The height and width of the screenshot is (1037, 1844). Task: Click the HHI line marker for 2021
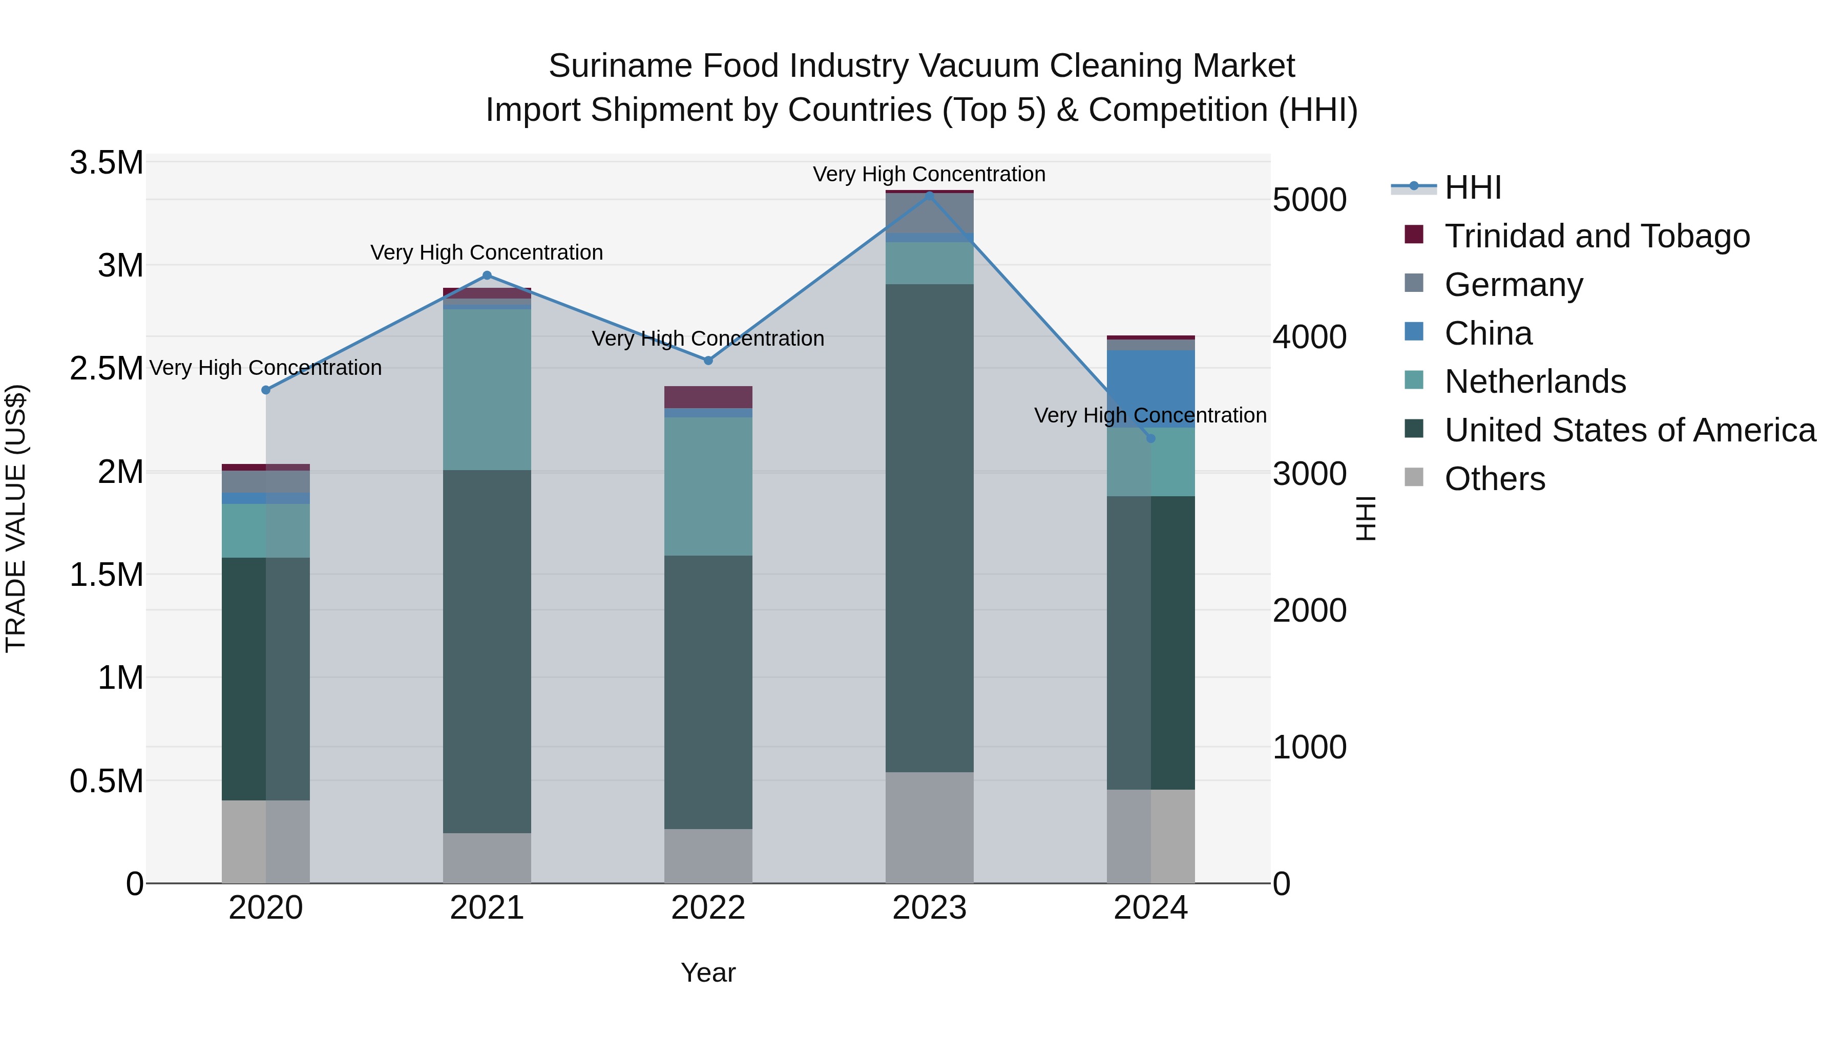[487, 276]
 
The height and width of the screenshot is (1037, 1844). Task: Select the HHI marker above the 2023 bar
[929, 196]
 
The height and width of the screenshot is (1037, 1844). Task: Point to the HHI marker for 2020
[265, 390]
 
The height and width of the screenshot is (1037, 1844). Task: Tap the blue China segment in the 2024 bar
[1150, 387]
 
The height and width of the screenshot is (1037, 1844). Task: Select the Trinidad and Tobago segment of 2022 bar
[708, 397]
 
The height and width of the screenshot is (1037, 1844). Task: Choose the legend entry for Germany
[1513, 285]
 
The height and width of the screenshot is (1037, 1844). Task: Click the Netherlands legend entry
[1534, 382]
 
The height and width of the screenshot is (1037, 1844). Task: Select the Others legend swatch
[1414, 477]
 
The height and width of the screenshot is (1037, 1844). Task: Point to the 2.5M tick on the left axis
[106, 369]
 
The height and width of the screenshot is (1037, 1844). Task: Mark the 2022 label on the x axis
[708, 908]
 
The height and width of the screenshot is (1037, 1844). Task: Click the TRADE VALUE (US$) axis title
[16, 518]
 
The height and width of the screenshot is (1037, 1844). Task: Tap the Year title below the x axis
[708, 972]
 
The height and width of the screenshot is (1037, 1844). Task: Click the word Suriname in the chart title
[619, 66]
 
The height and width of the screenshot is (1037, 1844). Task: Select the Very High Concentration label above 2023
[929, 174]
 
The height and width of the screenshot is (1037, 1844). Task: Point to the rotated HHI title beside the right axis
[1366, 518]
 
